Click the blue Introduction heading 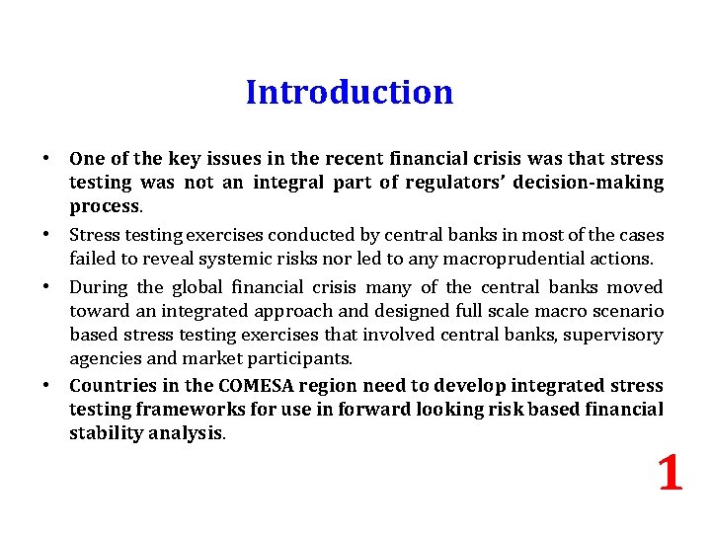pos(350,92)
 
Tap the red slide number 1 pos(670,473)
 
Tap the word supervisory pos(619,335)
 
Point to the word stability pos(101,432)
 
